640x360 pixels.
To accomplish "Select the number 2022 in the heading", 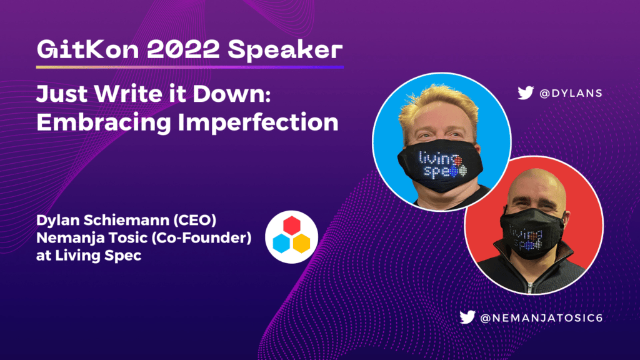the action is click(183, 49).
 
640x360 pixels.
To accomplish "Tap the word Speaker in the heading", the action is click(285, 50).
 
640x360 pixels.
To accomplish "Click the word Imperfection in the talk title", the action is click(258, 122).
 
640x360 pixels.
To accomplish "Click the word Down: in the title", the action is click(231, 94).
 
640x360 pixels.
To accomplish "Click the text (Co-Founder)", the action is click(201, 237).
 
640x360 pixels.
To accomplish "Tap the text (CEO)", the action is click(195, 220).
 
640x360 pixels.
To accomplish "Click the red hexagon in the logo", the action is click(292, 225).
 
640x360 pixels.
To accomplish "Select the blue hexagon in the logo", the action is click(281, 243).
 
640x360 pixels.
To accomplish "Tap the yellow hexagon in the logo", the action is click(302, 243).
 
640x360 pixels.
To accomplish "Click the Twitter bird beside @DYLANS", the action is click(526, 93).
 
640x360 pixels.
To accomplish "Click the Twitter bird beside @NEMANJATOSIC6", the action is click(467, 317).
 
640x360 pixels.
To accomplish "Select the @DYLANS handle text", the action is click(571, 94).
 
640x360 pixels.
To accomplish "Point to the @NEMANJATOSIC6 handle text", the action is click(542, 318).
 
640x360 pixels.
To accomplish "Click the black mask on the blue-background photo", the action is click(441, 165).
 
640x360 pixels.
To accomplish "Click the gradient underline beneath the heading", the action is click(190, 67).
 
